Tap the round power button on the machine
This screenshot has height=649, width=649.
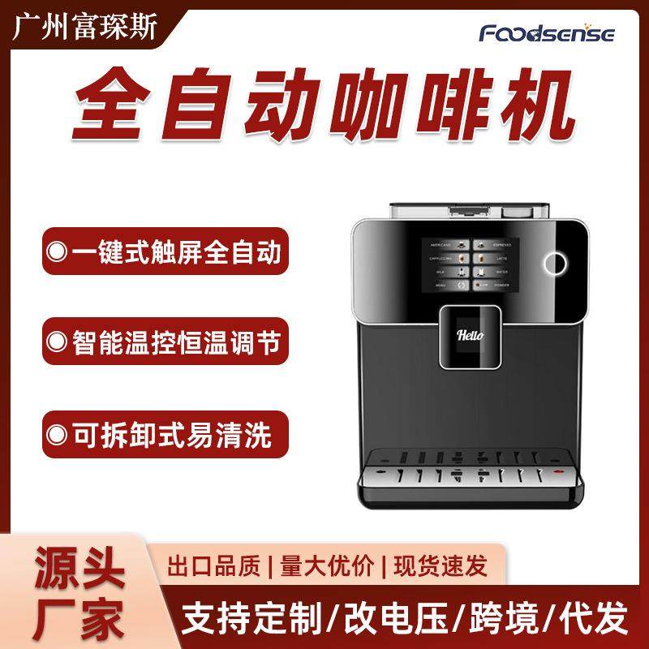(555, 262)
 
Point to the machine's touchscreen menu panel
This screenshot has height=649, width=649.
(467, 266)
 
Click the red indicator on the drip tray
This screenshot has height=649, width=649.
(558, 471)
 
